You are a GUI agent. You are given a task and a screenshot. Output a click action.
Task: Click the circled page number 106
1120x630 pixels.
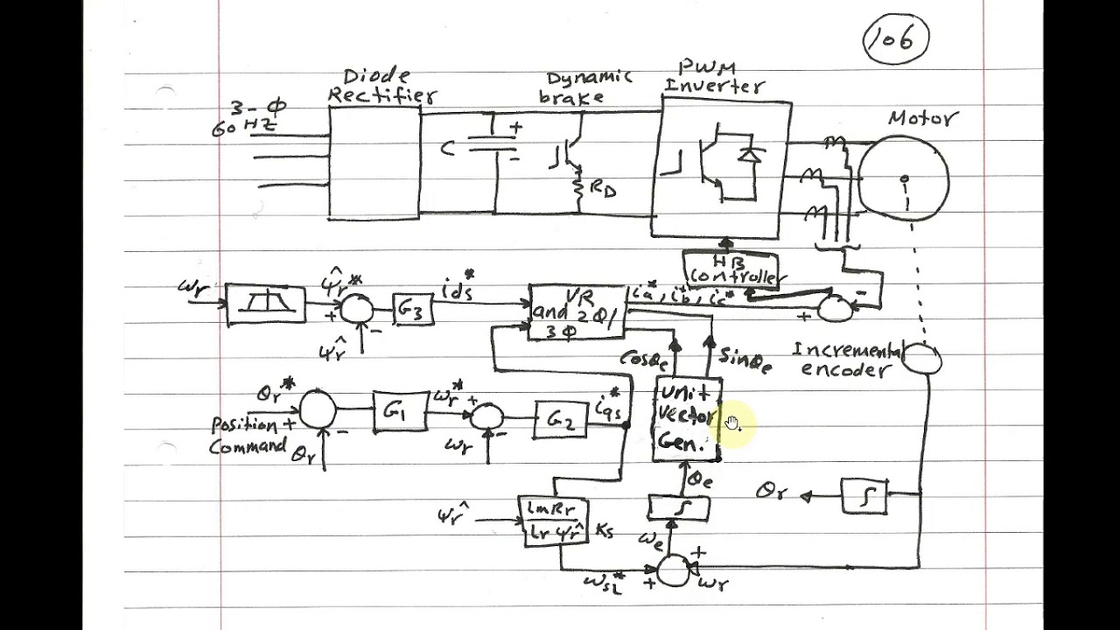[895, 41]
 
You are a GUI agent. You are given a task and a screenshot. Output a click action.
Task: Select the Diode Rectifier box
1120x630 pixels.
[374, 162]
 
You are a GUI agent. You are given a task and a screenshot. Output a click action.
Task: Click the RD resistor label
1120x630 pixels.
[603, 188]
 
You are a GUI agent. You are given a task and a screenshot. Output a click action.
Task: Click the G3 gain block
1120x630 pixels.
[412, 309]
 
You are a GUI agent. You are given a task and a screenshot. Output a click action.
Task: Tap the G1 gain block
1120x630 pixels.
[400, 410]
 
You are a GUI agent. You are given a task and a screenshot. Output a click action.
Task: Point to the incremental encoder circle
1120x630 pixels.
[921, 358]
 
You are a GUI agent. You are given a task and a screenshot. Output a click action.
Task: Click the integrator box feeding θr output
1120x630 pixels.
[864, 496]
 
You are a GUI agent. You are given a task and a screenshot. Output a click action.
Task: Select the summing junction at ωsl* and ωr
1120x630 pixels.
[672, 570]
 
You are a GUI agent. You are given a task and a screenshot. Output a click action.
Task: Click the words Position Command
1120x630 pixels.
[248, 435]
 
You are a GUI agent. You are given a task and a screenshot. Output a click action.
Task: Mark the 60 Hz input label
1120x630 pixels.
[245, 128]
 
